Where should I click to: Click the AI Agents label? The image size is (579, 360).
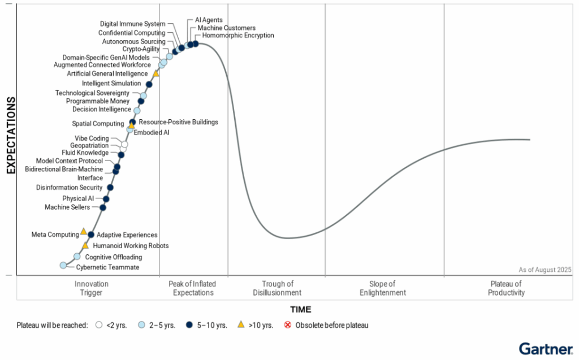[x=209, y=20]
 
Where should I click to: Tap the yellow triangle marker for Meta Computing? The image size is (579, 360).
[x=83, y=231]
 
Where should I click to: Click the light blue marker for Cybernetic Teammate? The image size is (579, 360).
[x=63, y=265]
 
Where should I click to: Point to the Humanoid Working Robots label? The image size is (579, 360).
[x=131, y=246]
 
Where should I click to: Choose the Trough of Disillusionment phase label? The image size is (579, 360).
[x=277, y=288]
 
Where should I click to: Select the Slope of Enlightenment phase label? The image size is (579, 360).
[x=383, y=288]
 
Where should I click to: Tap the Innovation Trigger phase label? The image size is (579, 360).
[x=91, y=288]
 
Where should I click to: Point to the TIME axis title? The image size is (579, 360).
[x=300, y=310]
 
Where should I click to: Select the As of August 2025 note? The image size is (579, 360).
[x=545, y=270]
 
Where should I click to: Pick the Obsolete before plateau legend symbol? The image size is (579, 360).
[x=287, y=325]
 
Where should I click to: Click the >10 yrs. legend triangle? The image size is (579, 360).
[x=240, y=324]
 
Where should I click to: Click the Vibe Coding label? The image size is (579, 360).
[x=92, y=138]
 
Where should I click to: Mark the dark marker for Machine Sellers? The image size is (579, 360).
[x=103, y=207]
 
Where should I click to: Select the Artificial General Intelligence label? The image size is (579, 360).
[x=107, y=73]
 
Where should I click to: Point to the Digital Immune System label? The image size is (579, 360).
[x=133, y=24]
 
